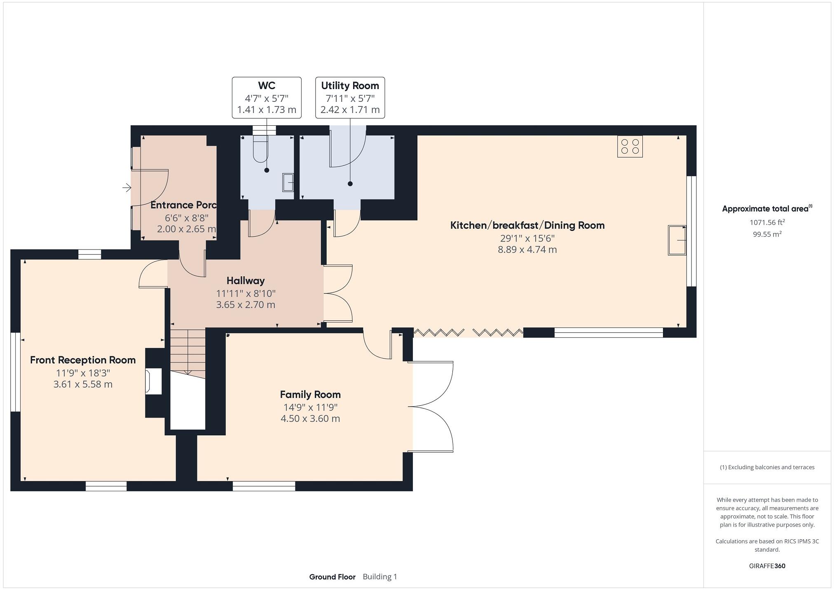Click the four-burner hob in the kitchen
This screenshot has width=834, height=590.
630,146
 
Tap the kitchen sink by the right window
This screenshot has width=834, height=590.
677,240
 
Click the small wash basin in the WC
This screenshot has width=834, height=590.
288,182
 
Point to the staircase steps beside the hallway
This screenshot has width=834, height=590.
188,351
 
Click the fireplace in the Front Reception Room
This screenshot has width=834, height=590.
153,382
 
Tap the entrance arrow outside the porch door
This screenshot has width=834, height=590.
127,188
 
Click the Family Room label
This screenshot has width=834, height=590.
310,395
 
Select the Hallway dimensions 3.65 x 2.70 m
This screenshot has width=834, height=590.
245,305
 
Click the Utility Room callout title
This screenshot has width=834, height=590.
350,86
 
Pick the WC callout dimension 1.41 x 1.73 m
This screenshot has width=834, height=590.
266,110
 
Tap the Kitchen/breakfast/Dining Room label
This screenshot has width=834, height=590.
527,225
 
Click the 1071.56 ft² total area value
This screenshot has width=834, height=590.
767,222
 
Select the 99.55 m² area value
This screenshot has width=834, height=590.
767,234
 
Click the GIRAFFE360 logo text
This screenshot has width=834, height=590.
767,566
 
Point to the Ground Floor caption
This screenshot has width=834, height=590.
332,577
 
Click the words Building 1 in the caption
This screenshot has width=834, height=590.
380,577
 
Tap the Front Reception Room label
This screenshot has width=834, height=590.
83,360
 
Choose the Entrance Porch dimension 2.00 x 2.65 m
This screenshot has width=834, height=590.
186,229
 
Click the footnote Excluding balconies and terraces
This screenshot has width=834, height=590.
767,467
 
